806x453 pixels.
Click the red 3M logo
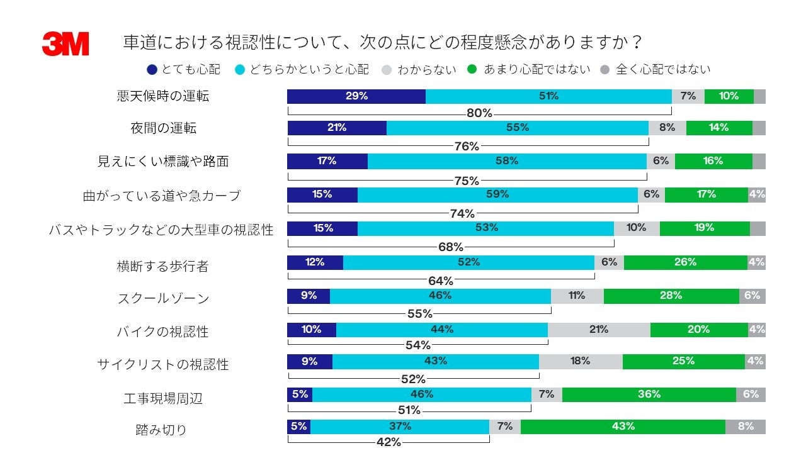click(65, 44)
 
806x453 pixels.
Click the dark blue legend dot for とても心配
click(152, 69)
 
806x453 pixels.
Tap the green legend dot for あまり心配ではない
click(472, 69)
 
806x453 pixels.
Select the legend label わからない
click(427, 69)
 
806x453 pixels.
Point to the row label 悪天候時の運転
click(163, 96)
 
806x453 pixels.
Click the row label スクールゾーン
click(163, 298)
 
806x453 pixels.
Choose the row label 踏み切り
click(161, 430)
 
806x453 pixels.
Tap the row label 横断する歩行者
click(162, 266)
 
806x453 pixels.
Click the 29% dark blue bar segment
click(356, 96)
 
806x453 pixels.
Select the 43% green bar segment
click(623, 427)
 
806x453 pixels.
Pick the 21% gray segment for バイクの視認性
click(599, 329)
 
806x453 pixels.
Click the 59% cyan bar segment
click(497, 194)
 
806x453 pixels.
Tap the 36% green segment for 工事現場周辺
click(649, 394)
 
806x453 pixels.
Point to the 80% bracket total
click(479, 114)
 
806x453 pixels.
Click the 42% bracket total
click(389, 442)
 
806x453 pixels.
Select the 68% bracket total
click(450, 247)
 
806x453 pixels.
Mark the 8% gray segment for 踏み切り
click(746, 427)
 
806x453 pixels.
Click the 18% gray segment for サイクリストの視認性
click(581, 361)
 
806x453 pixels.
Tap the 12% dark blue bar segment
click(315, 262)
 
